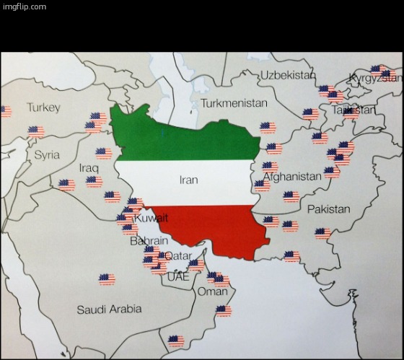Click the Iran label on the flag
pyautogui.click(x=188, y=180)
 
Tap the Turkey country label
pyautogui.click(x=44, y=107)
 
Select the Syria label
pyautogui.click(x=47, y=155)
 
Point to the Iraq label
pyautogui.click(x=89, y=168)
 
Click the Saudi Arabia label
pyautogui.click(x=109, y=309)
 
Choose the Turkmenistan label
pyautogui.click(x=234, y=103)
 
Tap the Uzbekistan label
pyautogui.click(x=288, y=75)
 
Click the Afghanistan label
pyautogui.click(x=292, y=177)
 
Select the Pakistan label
pyautogui.click(x=328, y=209)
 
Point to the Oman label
pyautogui.click(x=212, y=291)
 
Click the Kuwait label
pyautogui.click(x=151, y=218)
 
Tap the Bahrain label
pyautogui.click(x=149, y=241)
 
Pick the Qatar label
pyautogui.click(x=178, y=256)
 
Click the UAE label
pyautogui.click(x=177, y=276)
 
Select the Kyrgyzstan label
pyautogui.click(x=375, y=78)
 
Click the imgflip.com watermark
pyautogui.click(x=25, y=6)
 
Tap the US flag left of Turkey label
pyautogui.click(x=4, y=111)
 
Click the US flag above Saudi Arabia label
pyautogui.click(x=107, y=279)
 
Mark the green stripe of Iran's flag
pyautogui.click(x=188, y=141)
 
